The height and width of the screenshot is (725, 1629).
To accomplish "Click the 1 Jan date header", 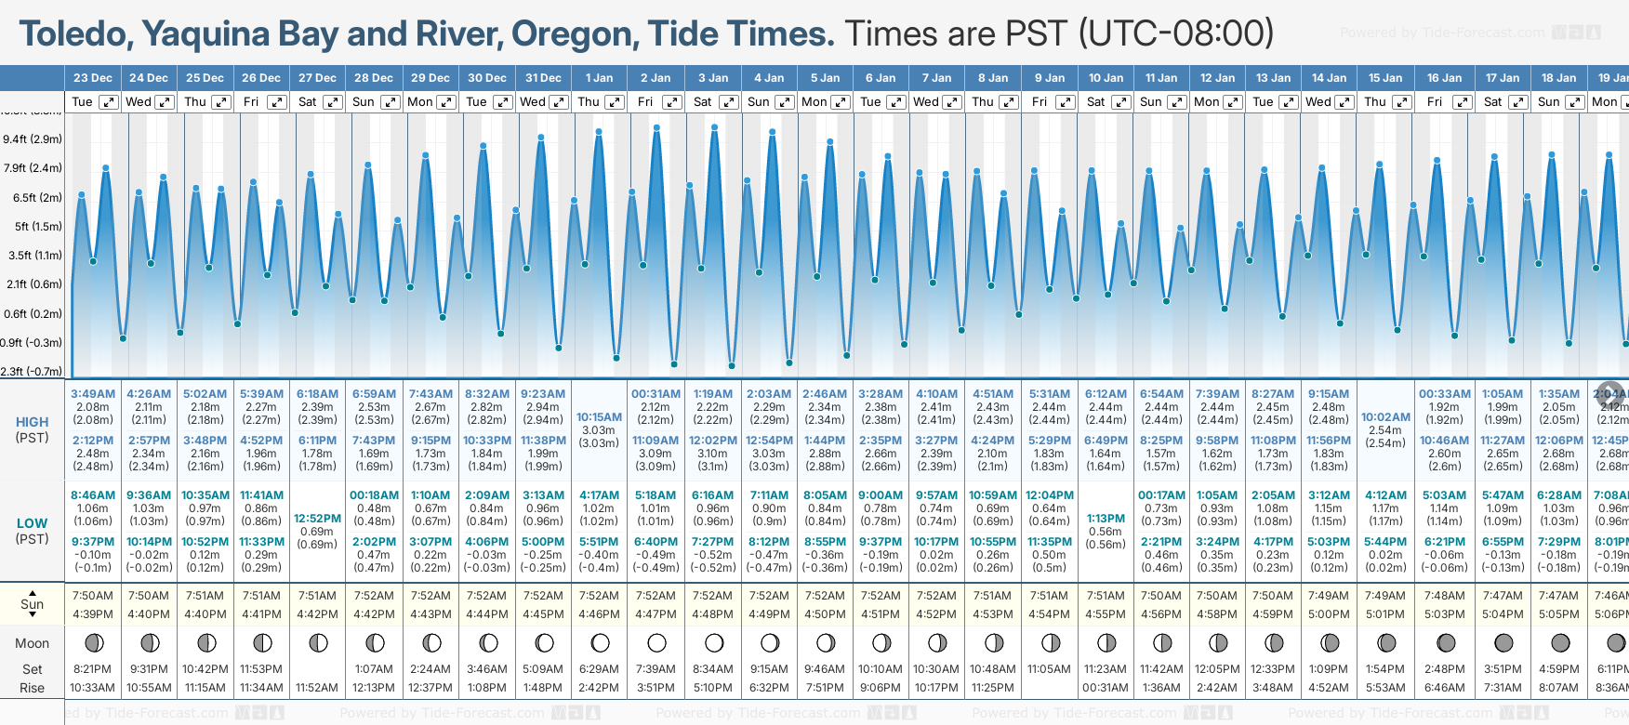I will point(599,78).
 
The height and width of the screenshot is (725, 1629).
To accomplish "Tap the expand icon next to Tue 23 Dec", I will point(109,102).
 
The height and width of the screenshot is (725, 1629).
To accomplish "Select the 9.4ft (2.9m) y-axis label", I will point(33,139).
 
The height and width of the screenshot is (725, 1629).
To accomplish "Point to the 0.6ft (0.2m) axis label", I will point(33,314).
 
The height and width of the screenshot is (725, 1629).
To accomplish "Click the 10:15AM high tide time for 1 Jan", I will point(599,417).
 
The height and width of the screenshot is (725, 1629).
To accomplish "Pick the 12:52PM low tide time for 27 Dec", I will point(317,519).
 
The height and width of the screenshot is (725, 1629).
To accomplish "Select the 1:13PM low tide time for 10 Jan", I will point(1106,519).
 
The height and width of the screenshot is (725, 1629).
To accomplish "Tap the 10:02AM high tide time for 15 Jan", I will point(1385,417).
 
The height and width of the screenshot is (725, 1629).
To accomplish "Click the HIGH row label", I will point(33,422).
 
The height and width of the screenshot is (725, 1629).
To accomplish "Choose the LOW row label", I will point(33,523).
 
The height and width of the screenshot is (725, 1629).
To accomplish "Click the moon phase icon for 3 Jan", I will point(714,642).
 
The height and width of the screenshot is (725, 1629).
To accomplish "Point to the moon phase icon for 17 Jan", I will point(1503,642).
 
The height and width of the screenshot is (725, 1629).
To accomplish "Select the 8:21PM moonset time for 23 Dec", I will point(93,669).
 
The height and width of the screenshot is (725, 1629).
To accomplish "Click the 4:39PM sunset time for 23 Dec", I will point(93,614).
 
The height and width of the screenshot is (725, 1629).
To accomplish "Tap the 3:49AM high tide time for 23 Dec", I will point(93,394).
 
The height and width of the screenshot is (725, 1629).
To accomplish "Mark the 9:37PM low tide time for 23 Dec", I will point(93,542).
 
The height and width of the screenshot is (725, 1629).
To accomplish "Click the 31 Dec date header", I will point(543,78).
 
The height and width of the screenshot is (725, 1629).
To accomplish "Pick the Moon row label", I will point(33,643).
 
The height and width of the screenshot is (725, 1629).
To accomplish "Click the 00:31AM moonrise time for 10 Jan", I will point(1106,688).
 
